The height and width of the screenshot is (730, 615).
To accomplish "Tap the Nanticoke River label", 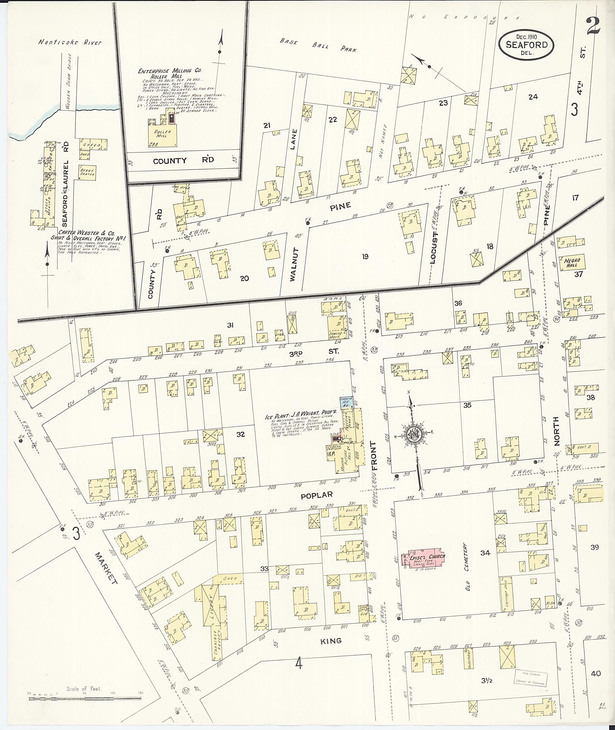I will point(70,43).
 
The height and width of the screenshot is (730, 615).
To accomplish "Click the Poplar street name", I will point(317,495).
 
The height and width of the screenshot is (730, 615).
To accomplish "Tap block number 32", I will point(240,435).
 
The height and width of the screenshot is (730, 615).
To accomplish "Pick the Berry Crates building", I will point(87,173).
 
